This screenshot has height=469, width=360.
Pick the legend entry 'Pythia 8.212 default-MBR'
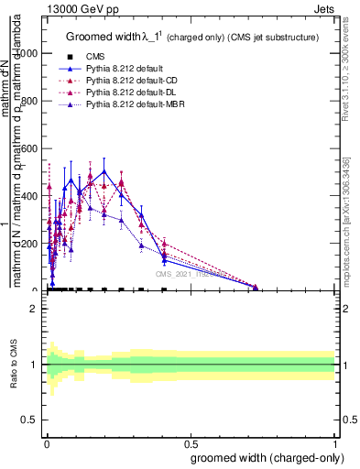pyautogui.click(x=124, y=107)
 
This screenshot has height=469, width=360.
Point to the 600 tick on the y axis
pyautogui.click(x=31, y=148)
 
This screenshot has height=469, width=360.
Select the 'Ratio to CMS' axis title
pyautogui.click(x=14, y=365)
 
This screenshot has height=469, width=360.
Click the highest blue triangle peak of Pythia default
pyautogui.click(x=104, y=170)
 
